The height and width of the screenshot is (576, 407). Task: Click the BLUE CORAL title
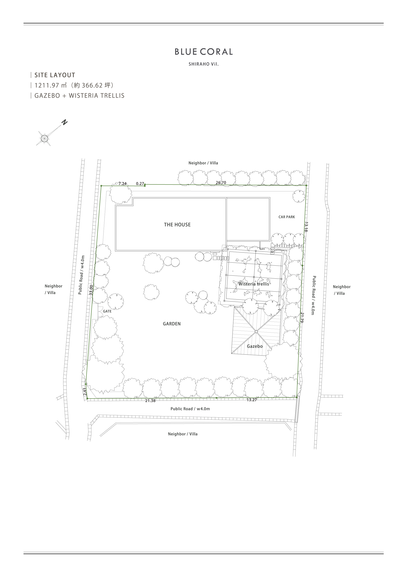[x=204, y=52]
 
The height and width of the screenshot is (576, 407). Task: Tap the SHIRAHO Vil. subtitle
[x=204, y=64]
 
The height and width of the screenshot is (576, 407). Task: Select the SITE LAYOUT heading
[x=55, y=75]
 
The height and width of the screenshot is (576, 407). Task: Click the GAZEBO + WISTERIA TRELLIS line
[x=79, y=96]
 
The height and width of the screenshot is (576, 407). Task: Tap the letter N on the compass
[x=65, y=122]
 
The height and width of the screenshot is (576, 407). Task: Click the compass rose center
[x=45, y=138]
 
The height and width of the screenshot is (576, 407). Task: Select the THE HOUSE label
[x=177, y=225]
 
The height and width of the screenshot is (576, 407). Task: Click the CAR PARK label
[x=287, y=217]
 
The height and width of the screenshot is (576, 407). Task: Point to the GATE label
[x=107, y=311]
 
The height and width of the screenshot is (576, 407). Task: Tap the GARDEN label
[x=172, y=324]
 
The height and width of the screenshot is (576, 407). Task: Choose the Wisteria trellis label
[x=254, y=284]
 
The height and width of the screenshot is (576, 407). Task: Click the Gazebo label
[x=255, y=346]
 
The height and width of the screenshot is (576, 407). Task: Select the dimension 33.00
[x=91, y=290]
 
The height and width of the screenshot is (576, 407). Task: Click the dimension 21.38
[x=150, y=401]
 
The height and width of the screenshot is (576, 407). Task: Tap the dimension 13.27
[x=252, y=400]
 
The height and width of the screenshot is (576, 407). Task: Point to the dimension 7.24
[x=122, y=184]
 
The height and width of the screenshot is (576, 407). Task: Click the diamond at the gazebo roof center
[x=256, y=332]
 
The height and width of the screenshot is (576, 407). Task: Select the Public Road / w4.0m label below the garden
[x=190, y=409]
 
